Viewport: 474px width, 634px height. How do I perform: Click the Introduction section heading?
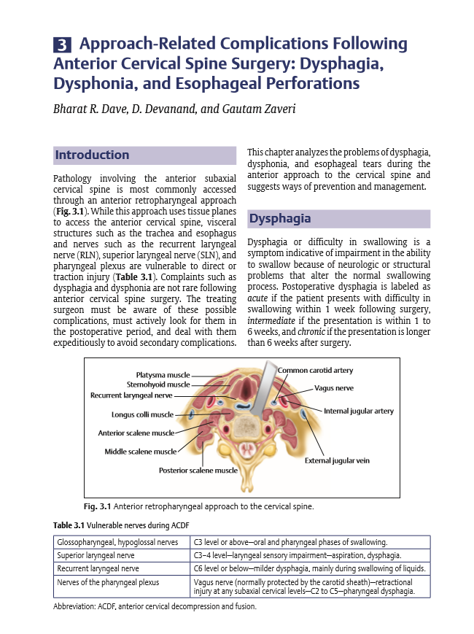point(92,155)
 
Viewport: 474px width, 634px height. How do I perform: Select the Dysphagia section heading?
point(280,218)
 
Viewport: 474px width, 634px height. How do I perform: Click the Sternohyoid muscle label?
point(158,384)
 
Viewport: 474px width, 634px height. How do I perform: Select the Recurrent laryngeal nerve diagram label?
point(131,395)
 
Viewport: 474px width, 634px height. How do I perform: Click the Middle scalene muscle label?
point(140,451)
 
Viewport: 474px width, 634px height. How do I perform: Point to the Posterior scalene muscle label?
point(198,471)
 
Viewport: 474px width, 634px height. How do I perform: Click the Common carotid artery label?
point(315,371)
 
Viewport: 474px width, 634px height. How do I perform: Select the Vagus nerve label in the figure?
point(334,388)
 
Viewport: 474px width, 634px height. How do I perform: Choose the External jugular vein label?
point(337,461)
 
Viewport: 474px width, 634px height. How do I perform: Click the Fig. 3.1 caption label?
point(98,506)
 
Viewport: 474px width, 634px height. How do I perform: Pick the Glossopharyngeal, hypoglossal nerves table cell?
point(117,542)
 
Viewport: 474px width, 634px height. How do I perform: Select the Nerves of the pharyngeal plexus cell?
point(107,581)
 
